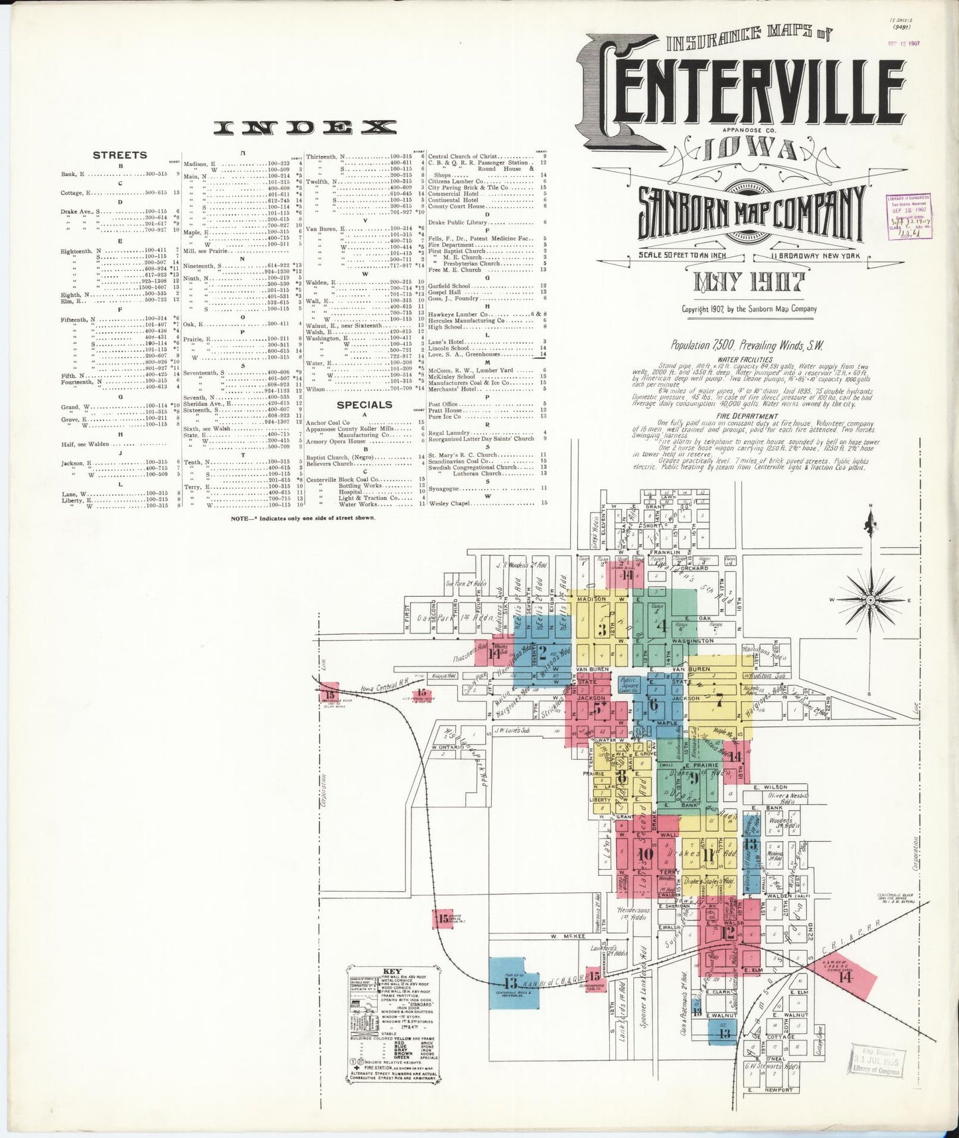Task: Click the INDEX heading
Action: [305, 128]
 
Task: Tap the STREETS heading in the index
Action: [120, 155]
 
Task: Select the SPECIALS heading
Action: [364, 404]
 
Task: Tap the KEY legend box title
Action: [391, 971]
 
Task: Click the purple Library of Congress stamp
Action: [910, 215]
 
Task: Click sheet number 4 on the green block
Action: [661, 625]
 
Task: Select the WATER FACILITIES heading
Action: [735, 360]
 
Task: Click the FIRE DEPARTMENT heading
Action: [735, 416]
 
